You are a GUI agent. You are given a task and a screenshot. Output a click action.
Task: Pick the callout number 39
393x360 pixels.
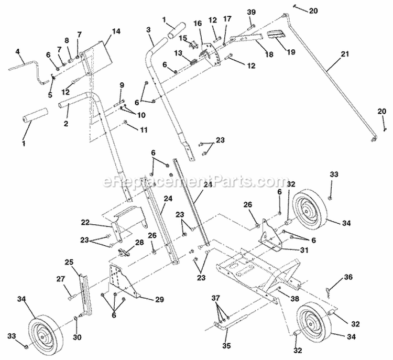tap(251, 12)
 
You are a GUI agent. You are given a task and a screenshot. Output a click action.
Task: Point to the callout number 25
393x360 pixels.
tap(69, 261)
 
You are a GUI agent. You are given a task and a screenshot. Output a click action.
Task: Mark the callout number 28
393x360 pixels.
tap(139, 242)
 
